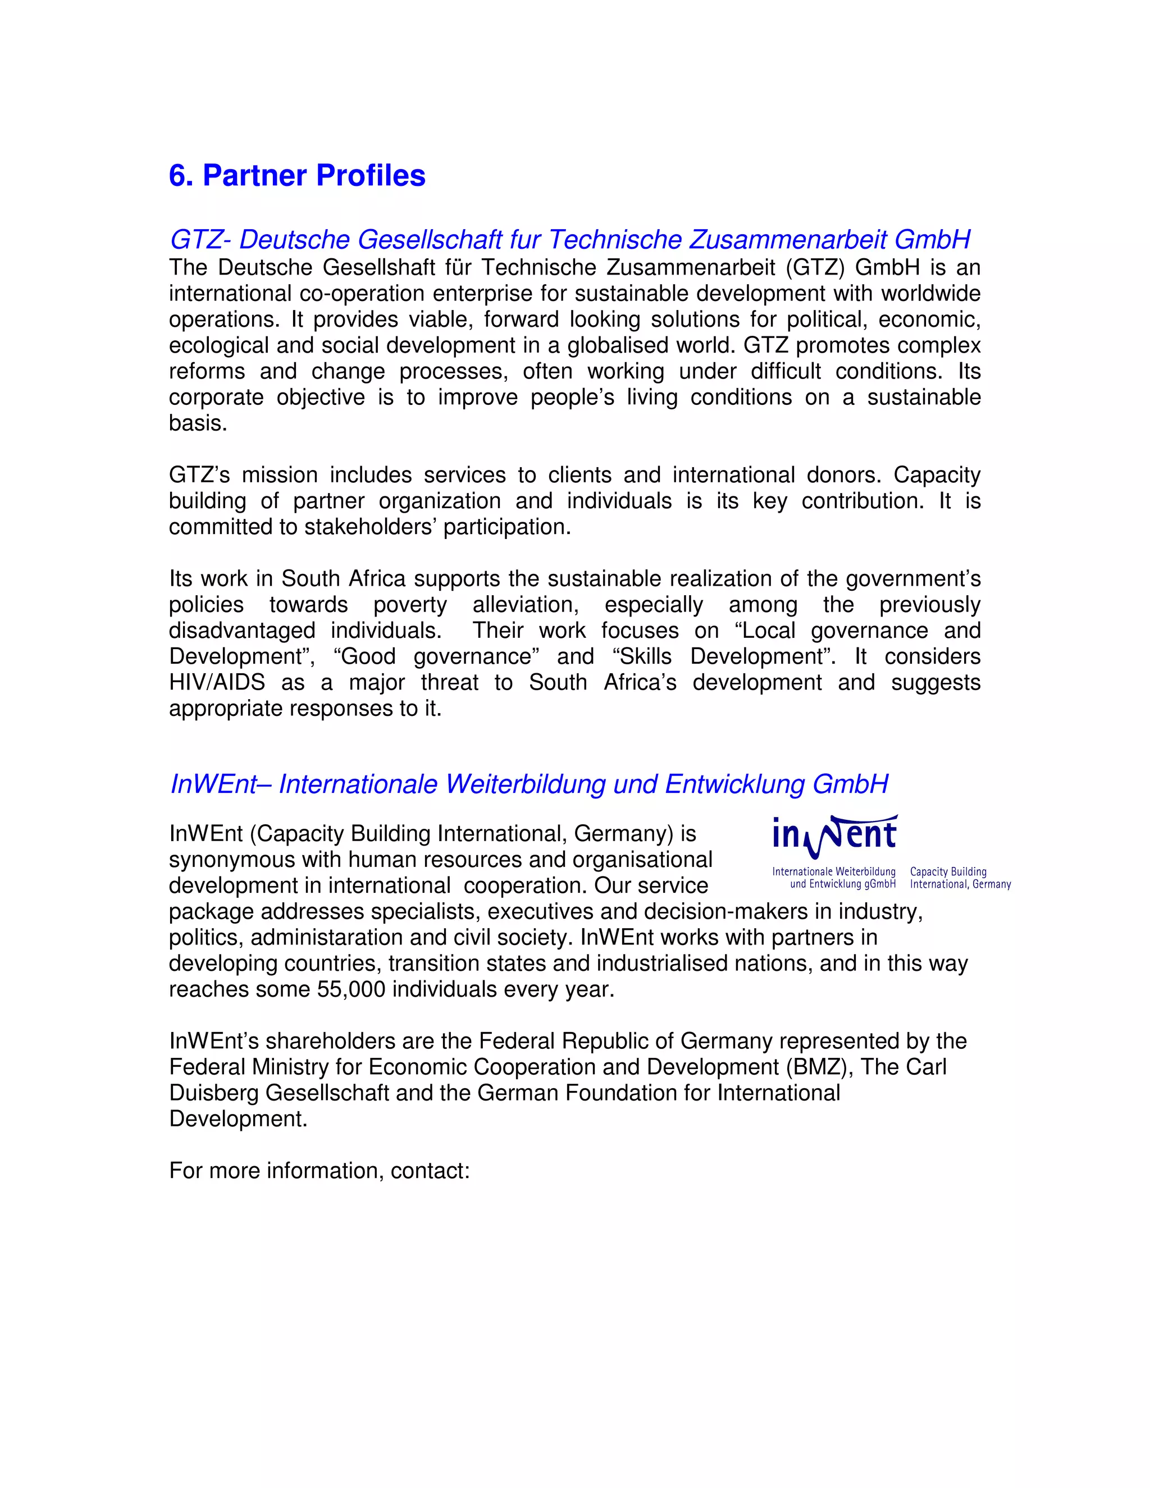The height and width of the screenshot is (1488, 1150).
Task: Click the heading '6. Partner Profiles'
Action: pyautogui.click(x=297, y=176)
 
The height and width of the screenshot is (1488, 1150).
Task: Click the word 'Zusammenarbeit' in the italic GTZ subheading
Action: pyautogui.click(x=788, y=240)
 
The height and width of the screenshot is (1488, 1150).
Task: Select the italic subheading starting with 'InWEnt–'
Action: pyautogui.click(x=528, y=784)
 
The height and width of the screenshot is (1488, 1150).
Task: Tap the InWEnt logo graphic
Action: pyautogui.click(x=835, y=837)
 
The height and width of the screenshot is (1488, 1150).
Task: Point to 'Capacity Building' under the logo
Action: pyautogui.click(x=948, y=871)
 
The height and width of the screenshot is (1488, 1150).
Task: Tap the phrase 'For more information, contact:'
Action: pyautogui.click(x=320, y=1171)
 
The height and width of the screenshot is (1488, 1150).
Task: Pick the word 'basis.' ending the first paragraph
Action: pyautogui.click(x=198, y=423)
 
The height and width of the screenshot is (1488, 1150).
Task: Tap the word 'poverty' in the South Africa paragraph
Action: pyautogui.click(x=409, y=605)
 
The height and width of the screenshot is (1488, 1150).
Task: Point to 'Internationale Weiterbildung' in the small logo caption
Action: pyautogui.click(x=833, y=871)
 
